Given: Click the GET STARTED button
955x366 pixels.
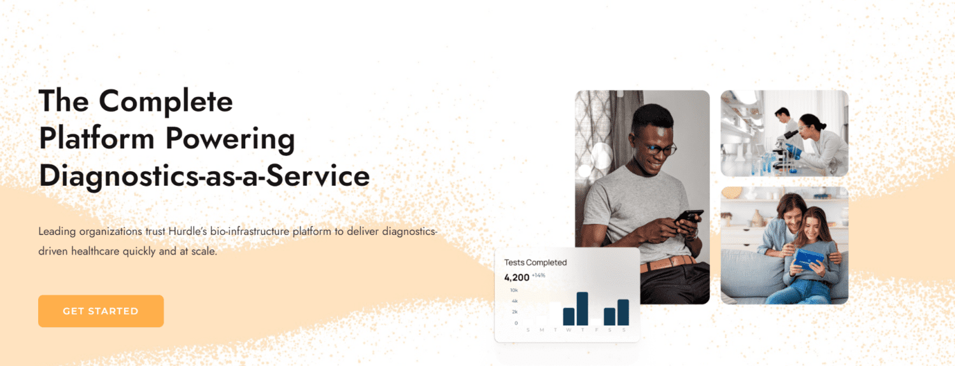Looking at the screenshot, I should (x=101, y=311).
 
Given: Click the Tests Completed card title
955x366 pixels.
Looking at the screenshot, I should (x=535, y=262).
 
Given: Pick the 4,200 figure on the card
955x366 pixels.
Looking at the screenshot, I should (x=516, y=278).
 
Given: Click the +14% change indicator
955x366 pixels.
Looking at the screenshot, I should (x=539, y=276).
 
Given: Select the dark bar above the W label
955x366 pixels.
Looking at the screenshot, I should (x=569, y=316).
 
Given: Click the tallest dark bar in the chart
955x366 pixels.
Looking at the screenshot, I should (x=582, y=309).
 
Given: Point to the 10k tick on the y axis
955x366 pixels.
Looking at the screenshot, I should (x=514, y=290).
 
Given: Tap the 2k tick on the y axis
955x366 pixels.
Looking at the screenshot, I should (x=514, y=312).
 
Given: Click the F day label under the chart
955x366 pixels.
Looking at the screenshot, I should (x=596, y=330).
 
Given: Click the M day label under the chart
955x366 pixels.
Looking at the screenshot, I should (x=541, y=330).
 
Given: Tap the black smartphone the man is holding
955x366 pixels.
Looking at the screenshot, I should (x=688, y=217).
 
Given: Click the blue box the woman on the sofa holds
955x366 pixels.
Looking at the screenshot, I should (x=809, y=260).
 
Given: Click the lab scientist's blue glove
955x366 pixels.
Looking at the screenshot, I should (x=793, y=150).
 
